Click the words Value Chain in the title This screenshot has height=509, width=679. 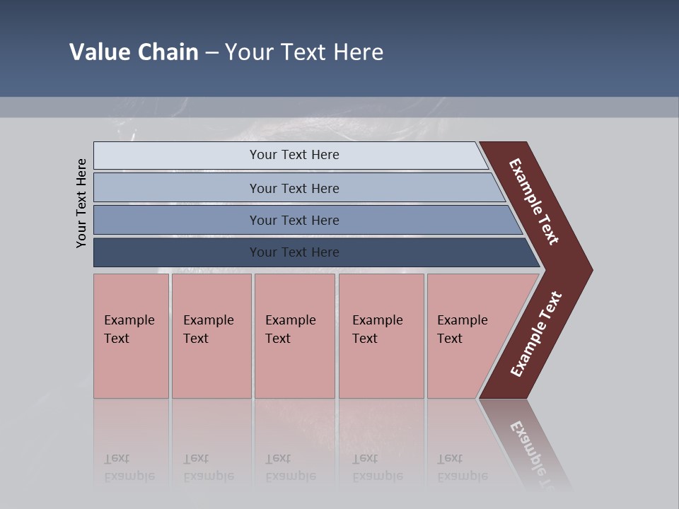pos(134,52)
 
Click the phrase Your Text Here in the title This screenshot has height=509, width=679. pos(304,52)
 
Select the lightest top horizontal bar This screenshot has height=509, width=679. pos(177,156)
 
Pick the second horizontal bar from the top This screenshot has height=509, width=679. pos(177,188)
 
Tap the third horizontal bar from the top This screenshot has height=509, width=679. pos(177,220)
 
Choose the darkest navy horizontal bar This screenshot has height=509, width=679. pos(177,252)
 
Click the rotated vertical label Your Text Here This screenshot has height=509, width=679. pos(81,203)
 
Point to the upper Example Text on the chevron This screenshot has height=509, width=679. pos(534,201)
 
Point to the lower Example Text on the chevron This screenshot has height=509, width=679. pos(535,334)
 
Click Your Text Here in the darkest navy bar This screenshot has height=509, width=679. pos(294,252)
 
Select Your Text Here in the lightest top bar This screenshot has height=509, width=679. pos(294,155)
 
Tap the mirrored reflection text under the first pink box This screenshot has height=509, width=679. pos(129,467)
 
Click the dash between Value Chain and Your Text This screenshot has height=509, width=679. pos(211,53)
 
